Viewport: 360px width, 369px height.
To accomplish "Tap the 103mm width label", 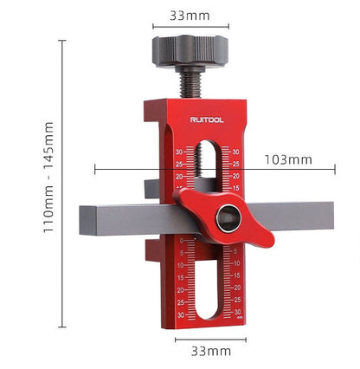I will click(288, 159).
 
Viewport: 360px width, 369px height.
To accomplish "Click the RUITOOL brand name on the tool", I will click(207, 120).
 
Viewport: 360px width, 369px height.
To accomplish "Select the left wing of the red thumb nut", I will click(191, 202).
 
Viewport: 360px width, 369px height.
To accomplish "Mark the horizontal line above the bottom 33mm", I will click(210, 339).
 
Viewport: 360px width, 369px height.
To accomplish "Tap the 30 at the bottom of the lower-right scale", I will click(238, 311).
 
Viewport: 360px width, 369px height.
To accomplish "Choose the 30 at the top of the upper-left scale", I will click(179, 152).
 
